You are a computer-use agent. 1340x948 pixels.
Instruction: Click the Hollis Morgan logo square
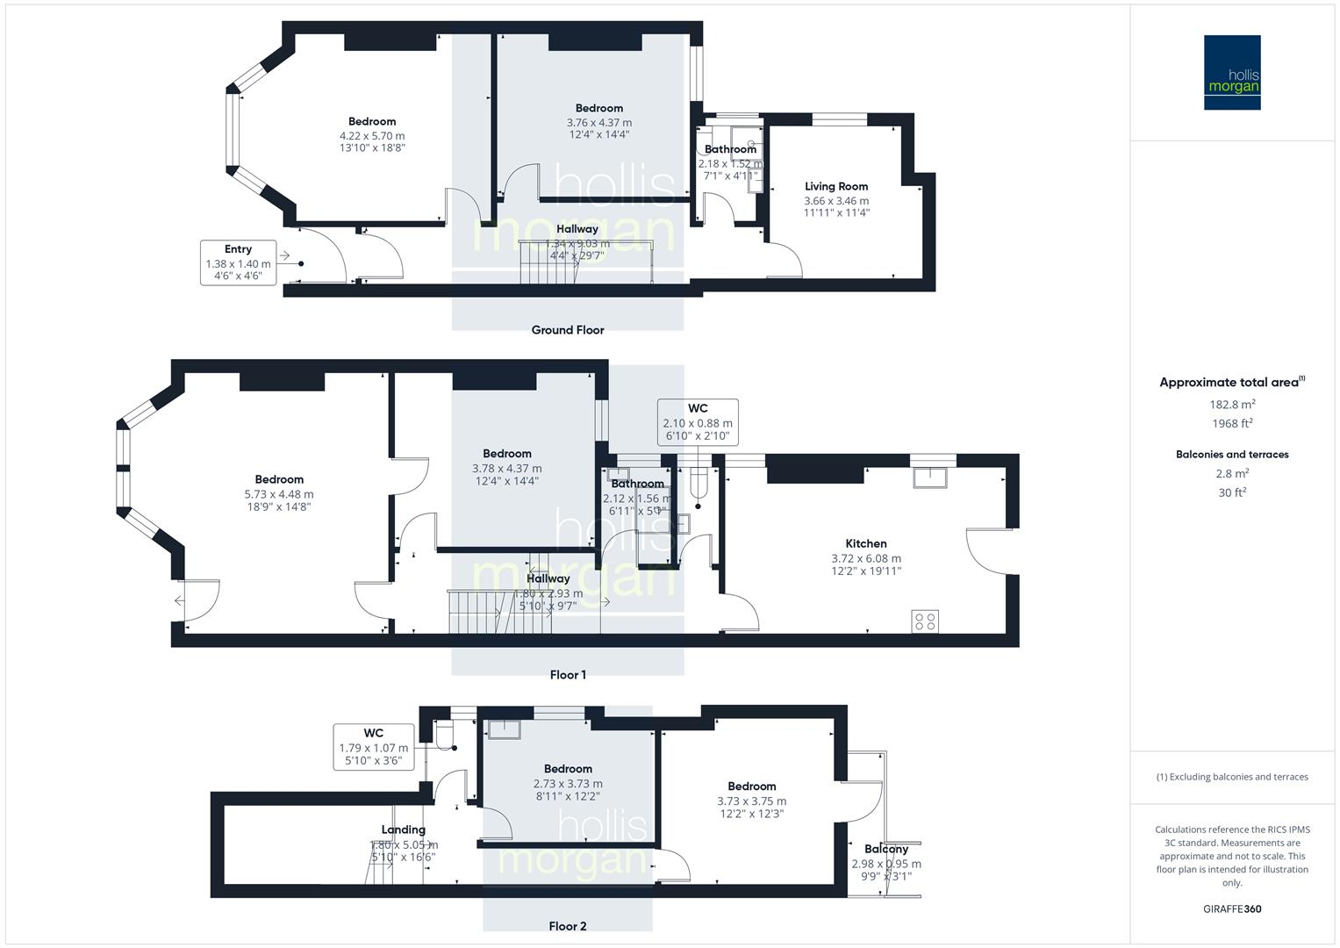click(1231, 72)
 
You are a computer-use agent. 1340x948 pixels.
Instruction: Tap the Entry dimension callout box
click(238, 262)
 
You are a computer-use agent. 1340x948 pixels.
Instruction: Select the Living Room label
click(836, 186)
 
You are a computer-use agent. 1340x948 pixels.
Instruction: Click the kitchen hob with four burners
click(925, 621)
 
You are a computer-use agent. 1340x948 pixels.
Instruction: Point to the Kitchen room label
click(865, 543)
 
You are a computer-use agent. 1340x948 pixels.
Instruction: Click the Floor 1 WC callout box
click(698, 422)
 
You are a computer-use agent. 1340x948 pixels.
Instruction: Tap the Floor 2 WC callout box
click(373, 747)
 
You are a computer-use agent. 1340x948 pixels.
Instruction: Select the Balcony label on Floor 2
click(885, 849)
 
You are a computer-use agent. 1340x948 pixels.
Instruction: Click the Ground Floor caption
click(568, 330)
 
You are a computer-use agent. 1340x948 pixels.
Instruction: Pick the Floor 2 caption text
click(567, 926)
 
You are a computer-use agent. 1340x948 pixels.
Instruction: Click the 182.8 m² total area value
click(1232, 405)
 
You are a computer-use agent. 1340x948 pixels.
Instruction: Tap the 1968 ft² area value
click(1232, 423)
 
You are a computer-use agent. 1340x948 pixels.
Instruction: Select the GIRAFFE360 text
click(1232, 909)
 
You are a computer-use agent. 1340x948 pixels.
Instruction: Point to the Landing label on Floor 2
click(403, 829)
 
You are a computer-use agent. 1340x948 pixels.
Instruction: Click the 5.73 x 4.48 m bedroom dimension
click(279, 494)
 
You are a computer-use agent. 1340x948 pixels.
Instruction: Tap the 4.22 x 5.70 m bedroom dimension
click(372, 136)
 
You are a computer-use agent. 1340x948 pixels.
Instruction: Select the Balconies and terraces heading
click(1232, 455)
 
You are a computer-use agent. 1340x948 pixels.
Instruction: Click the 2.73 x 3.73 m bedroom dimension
click(568, 784)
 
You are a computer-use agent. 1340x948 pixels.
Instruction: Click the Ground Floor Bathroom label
click(730, 149)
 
